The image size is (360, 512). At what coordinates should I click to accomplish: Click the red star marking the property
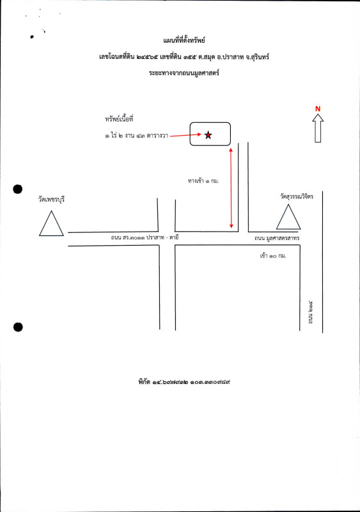pos(208,135)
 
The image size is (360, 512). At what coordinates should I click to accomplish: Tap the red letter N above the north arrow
pos(318,109)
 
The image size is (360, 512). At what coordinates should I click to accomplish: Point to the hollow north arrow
pos(318,128)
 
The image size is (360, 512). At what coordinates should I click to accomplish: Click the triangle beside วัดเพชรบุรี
pos(51,223)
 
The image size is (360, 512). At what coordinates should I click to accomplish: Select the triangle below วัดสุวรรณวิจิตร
pos(288,217)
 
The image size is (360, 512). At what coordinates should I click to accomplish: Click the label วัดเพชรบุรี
pos(51,199)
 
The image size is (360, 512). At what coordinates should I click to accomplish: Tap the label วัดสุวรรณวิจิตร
pos(297,196)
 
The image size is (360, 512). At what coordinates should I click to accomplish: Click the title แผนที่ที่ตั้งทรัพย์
pos(184,40)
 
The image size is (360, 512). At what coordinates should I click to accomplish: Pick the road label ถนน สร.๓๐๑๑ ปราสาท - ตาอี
pos(145,237)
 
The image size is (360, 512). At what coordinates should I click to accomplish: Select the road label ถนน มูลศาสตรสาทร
pos(277,238)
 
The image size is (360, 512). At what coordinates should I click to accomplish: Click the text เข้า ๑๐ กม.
pos(273,255)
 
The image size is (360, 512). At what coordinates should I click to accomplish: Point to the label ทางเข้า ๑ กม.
pos(203,180)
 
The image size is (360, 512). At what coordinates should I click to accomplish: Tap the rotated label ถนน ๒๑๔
pos(310,312)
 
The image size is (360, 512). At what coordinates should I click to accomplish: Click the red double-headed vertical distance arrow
pos(231,188)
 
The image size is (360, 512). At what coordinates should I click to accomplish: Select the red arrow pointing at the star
pos(185,135)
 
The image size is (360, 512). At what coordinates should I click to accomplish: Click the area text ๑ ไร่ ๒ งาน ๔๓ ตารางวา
pos(136,136)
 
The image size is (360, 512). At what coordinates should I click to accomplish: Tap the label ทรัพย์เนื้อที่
pos(119,119)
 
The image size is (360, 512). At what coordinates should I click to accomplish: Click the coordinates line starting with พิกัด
pos(184,381)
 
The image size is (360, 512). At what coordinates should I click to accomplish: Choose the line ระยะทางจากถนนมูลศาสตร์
pos(184,72)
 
